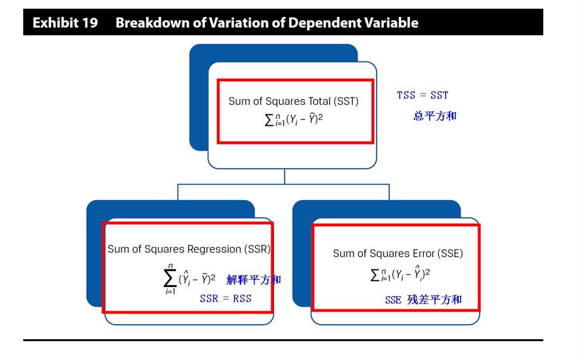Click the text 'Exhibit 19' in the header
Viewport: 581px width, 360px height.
65,23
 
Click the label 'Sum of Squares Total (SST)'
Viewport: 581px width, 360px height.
293,101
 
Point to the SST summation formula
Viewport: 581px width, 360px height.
294,120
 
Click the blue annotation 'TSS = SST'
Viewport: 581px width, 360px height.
423,95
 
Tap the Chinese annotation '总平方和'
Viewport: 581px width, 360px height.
435,116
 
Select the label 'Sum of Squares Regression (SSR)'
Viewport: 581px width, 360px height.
189,249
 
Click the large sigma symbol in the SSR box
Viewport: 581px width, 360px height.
170,278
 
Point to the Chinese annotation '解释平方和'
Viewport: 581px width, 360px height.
254,280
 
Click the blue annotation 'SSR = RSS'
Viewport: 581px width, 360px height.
226,299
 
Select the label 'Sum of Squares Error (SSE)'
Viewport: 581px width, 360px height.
398,253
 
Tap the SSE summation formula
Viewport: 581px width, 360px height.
400,274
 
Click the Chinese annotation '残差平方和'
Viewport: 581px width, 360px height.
435,300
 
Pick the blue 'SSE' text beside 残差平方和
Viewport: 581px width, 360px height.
393,300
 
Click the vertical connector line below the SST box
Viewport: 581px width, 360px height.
284,177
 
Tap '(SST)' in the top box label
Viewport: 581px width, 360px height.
346,101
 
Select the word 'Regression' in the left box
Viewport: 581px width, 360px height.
214,249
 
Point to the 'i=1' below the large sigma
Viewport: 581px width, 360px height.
170,291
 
